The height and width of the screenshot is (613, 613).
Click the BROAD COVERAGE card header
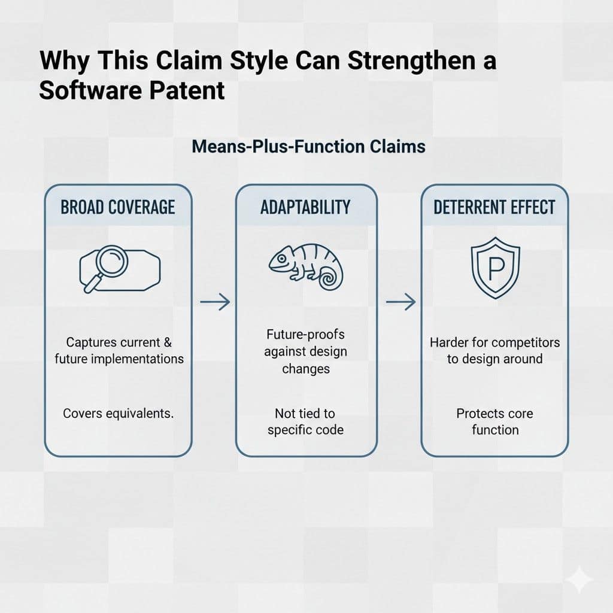pos(118,207)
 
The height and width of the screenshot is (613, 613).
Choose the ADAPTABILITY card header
pos(305,207)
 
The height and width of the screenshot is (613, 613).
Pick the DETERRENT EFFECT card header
pos(494,207)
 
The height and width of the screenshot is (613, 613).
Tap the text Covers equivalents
pos(118,414)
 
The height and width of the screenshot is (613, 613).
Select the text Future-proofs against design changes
pos(305,351)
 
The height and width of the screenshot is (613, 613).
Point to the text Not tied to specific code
pos(305,421)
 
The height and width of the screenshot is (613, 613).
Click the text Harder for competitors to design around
pos(494,351)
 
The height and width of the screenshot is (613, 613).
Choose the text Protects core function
pos(494,421)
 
